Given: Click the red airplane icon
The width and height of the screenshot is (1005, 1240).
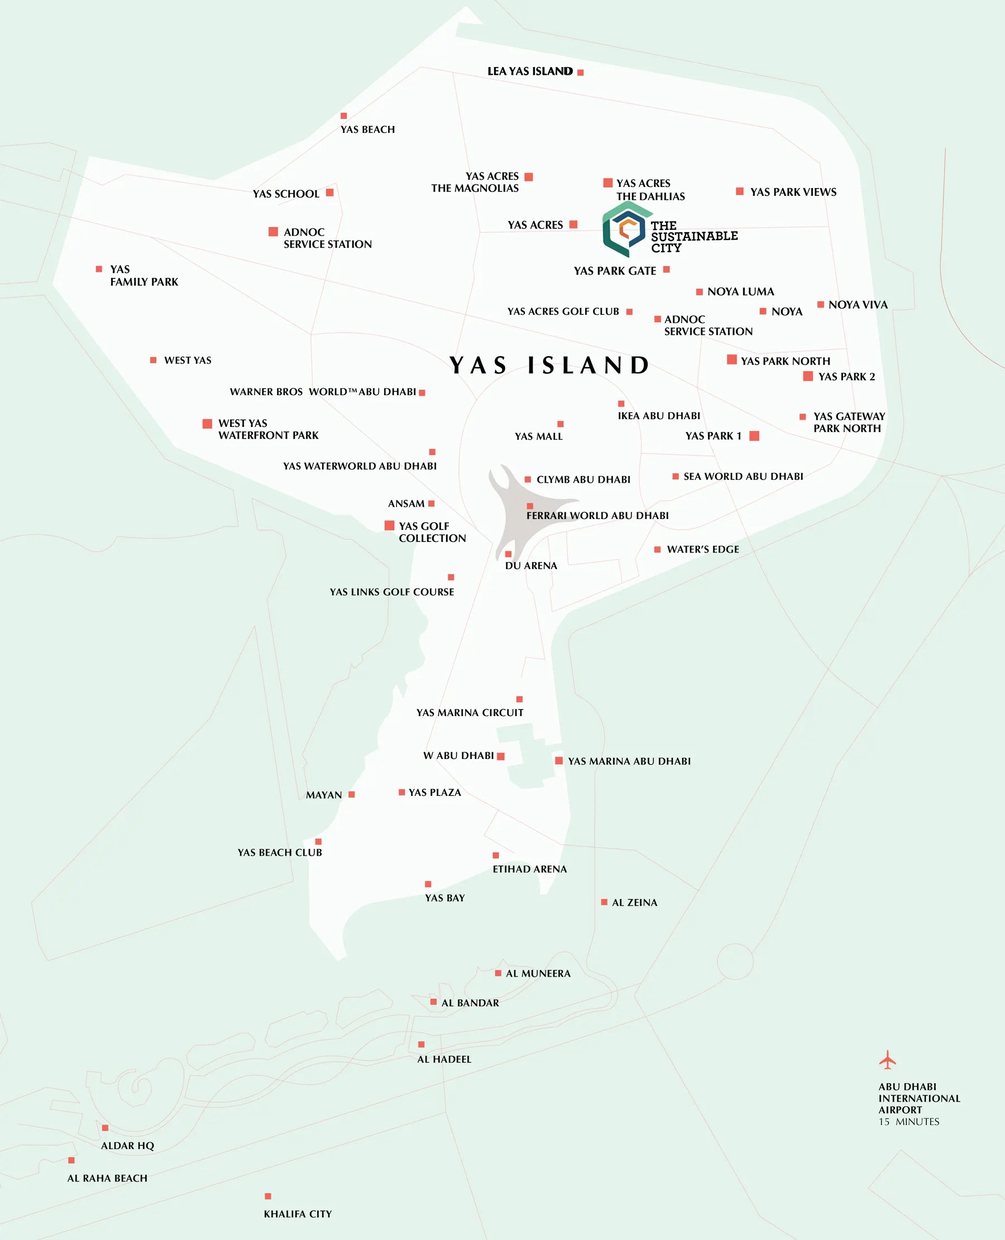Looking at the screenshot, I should [887, 1060].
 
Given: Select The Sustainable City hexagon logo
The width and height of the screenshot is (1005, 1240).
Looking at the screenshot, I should [624, 230].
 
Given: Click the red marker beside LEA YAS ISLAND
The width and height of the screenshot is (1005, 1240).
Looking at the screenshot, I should [580, 73].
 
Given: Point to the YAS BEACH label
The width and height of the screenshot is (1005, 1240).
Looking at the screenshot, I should [367, 129].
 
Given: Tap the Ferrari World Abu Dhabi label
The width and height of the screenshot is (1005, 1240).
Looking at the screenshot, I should [597, 516].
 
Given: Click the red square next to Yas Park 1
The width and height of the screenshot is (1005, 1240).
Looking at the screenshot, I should [754, 436].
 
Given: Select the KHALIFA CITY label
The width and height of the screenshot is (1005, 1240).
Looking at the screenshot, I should [298, 1214].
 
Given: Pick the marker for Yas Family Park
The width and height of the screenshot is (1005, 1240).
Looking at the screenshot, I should [99, 269].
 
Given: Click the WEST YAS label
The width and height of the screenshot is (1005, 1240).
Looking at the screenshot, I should [188, 361].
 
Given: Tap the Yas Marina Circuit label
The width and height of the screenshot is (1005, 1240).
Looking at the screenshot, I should [470, 713].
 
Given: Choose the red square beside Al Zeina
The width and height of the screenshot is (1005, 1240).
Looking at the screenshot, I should [604, 902].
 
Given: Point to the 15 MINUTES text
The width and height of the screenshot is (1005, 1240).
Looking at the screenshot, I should [908, 1121].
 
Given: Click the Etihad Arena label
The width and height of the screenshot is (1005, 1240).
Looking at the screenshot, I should [529, 869].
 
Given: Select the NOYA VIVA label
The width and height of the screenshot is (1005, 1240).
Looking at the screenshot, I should [858, 305].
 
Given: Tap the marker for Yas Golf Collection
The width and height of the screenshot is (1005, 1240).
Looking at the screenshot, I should [390, 525].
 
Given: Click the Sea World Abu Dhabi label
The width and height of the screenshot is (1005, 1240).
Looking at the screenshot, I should [743, 477].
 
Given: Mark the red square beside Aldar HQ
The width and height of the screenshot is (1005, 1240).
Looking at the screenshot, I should [106, 1128].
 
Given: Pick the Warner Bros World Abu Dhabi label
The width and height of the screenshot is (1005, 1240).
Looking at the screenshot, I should [323, 392].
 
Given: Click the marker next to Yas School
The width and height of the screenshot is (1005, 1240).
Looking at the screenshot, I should [329, 193].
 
